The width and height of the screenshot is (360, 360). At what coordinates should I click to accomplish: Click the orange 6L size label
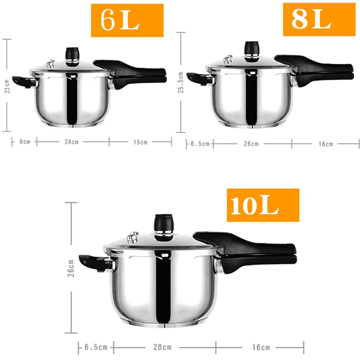click(x=127, y=20)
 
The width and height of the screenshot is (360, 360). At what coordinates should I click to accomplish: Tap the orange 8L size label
click(x=319, y=19)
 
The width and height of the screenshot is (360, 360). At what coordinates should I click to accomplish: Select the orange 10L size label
click(x=263, y=205)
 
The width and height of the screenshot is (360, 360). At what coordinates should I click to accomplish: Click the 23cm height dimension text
click(x=7, y=86)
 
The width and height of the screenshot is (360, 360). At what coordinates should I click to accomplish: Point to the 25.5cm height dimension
click(x=181, y=82)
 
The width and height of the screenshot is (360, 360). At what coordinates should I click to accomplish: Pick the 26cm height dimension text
click(x=71, y=268)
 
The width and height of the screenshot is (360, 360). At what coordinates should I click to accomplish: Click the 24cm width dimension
click(x=72, y=142)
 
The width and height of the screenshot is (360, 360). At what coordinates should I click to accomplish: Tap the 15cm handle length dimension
click(x=140, y=142)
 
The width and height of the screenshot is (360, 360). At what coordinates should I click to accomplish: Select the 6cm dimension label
click(x=25, y=142)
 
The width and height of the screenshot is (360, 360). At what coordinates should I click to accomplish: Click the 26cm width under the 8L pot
click(x=251, y=144)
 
